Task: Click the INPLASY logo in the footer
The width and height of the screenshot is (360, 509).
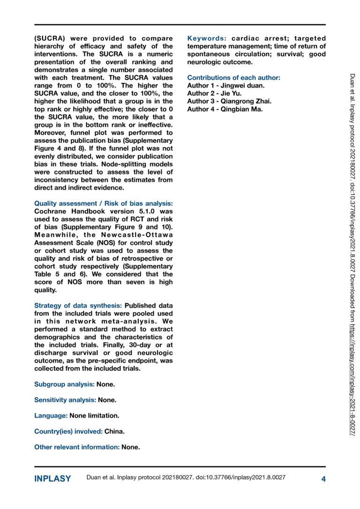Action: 52,479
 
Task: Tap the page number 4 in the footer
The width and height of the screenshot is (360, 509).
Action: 323,479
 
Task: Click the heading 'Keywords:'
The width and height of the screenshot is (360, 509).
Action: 207,38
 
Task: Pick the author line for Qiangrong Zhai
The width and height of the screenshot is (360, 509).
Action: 229,101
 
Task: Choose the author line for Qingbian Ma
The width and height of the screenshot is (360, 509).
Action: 225,109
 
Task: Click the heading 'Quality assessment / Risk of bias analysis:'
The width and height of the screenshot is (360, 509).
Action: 104,203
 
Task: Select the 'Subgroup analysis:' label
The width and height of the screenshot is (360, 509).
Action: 64,384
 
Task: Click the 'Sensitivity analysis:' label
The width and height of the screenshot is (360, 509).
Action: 65,400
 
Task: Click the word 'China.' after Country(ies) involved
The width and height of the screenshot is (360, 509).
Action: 114,431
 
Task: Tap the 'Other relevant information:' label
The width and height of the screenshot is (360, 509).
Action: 77,447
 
